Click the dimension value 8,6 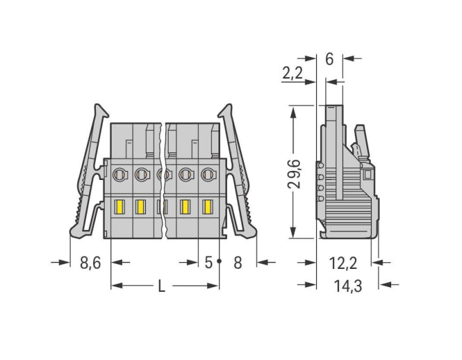click(x=90, y=263)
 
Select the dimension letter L click(x=161, y=286)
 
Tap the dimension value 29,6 click(x=294, y=174)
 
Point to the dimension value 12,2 click(x=343, y=263)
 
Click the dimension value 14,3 click(x=348, y=286)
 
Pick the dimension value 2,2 click(x=292, y=73)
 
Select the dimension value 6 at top click(x=329, y=59)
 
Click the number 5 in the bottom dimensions click(x=208, y=263)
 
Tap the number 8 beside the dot click(x=238, y=263)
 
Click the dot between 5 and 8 click(x=220, y=261)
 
